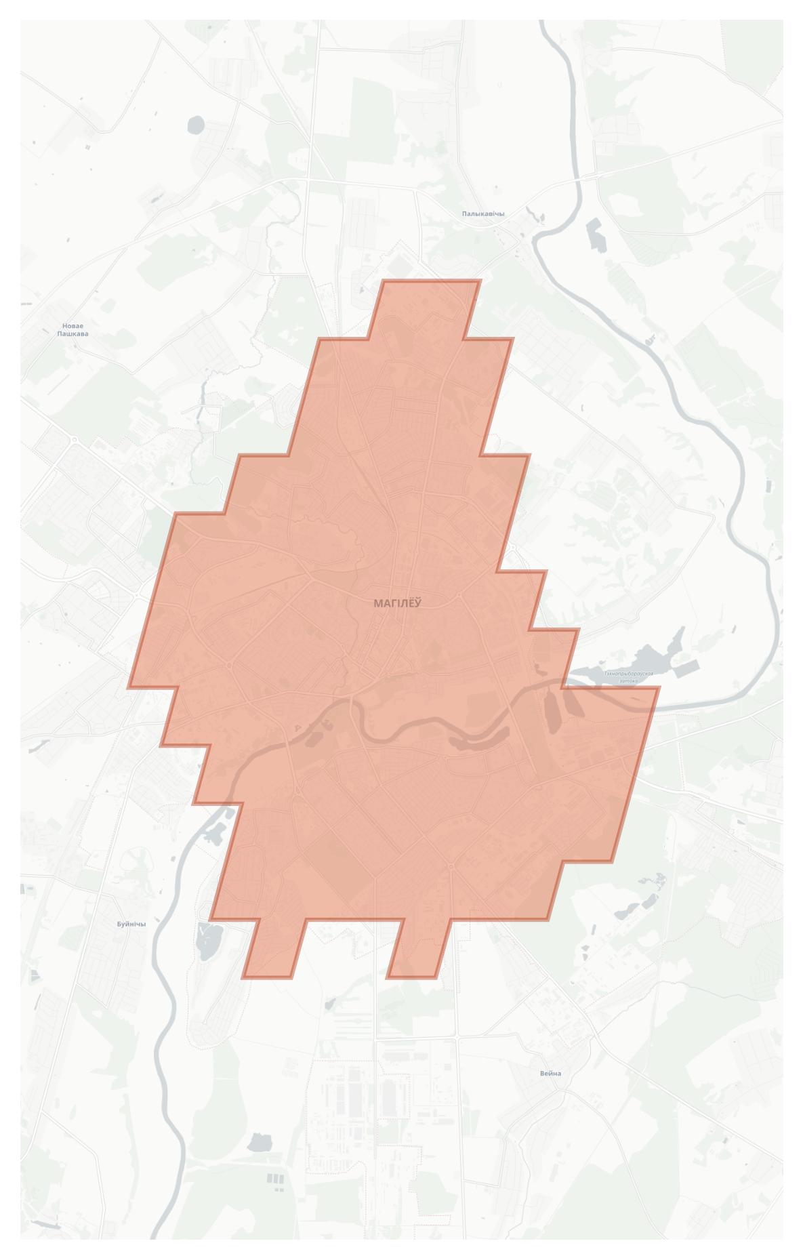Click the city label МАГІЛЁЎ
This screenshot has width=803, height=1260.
pyautogui.click(x=397, y=603)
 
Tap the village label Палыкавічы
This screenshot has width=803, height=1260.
pyautogui.click(x=483, y=214)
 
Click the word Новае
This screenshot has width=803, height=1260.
pyautogui.click(x=73, y=326)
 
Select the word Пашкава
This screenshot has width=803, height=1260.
pyautogui.click(x=73, y=334)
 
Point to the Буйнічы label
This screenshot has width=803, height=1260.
pyautogui.click(x=131, y=924)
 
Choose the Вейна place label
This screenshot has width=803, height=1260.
pyautogui.click(x=550, y=1073)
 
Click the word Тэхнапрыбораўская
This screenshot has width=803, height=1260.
pyautogui.click(x=629, y=674)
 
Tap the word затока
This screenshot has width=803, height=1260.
pyautogui.click(x=628, y=680)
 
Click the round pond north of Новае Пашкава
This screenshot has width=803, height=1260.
pyautogui.click(x=196, y=125)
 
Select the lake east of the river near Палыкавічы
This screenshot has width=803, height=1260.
pyautogui.click(x=596, y=234)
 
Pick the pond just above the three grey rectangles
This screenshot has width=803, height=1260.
pyautogui.click(x=259, y=1143)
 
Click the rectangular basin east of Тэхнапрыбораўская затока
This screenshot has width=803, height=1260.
pyautogui.click(x=687, y=667)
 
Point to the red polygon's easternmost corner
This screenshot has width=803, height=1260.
pyautogui.click(x=657, y=689)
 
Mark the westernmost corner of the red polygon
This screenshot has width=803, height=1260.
pyautogui.click(x=129, y=687)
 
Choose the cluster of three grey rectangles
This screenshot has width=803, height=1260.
pyautogui.click(x=275, y=1179)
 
